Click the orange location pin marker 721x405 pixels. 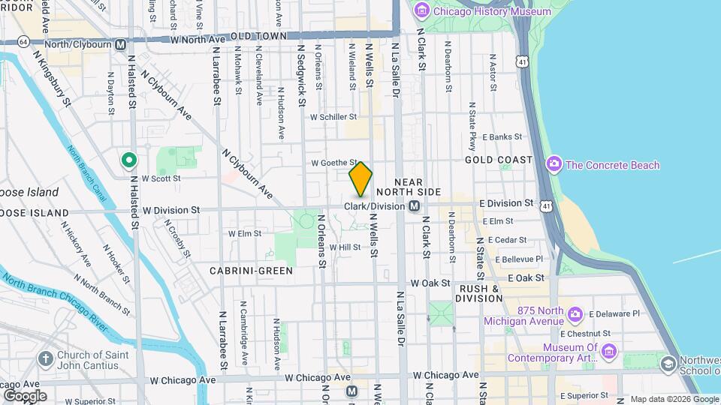coord(360,179)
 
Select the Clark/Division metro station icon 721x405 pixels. coord(414,205)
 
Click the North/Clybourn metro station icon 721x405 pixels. coord(120,44)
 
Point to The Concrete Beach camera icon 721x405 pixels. coord(554,164)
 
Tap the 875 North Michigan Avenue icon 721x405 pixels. coord(575,313)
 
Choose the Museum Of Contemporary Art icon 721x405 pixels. coord(609,350)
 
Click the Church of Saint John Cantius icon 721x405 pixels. coord(46,359)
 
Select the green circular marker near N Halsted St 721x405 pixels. coord(129,159)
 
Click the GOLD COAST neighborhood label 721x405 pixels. coord(499,160)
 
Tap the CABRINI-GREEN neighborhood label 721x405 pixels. coord(251,271)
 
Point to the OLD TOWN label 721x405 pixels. coord(259,36)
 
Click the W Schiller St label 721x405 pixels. coord(333,117)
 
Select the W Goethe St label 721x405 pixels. coord(333,162)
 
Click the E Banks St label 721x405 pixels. coord(502,136)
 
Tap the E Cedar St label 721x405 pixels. coord(508,240)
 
